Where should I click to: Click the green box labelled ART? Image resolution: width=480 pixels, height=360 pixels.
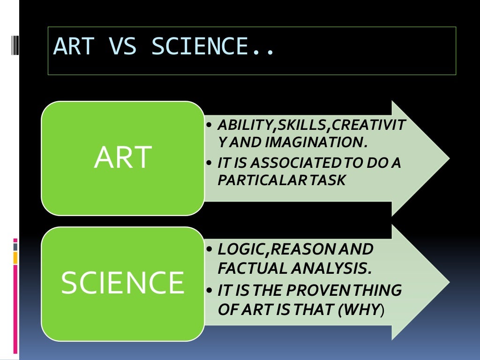(122, 158)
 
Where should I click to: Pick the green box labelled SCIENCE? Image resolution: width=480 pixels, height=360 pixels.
(122, 283)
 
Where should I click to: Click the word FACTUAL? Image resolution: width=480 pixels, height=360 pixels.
(247, 269)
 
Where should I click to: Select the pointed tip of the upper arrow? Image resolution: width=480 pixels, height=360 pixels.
(448, 158)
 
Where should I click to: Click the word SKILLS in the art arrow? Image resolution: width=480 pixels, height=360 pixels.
(292, 125)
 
